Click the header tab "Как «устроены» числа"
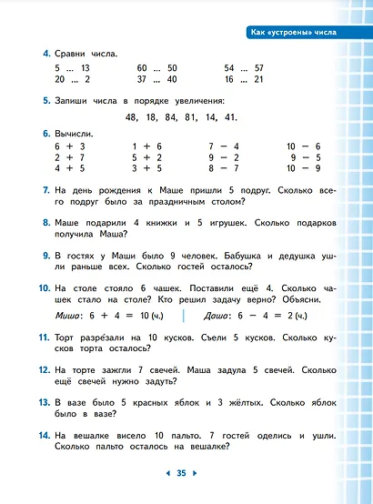click(293, 33)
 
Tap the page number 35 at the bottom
click(181, 473)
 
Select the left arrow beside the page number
click(166, 473)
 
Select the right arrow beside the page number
click(195, 473)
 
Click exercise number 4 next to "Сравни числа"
click(45, 55)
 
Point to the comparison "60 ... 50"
click(156, 68)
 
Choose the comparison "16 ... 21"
click(243, 79)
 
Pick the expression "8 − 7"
click(224, 167)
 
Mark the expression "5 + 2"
click(147, 156)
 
